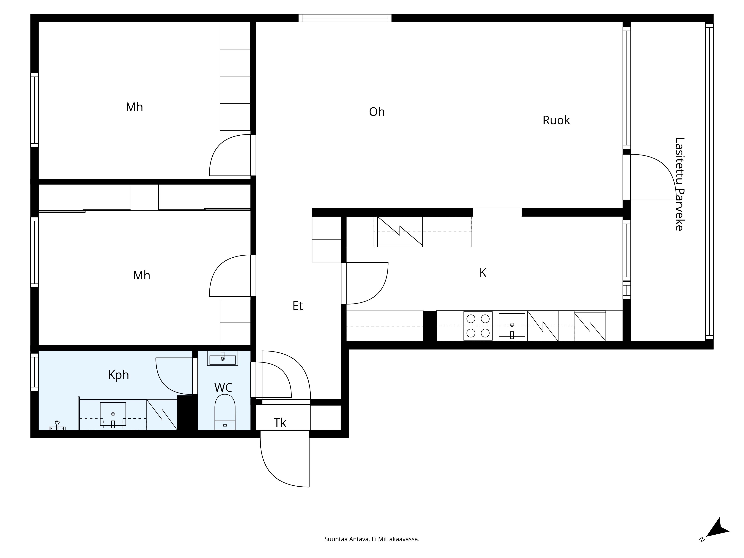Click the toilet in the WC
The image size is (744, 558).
coord(225,412)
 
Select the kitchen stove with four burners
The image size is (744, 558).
coord(478,326)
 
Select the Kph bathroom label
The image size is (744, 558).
coord(118,375)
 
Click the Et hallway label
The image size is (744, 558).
coord(298,306)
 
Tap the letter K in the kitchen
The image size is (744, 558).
coord(483,273)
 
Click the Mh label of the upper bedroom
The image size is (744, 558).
coord(134,107)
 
